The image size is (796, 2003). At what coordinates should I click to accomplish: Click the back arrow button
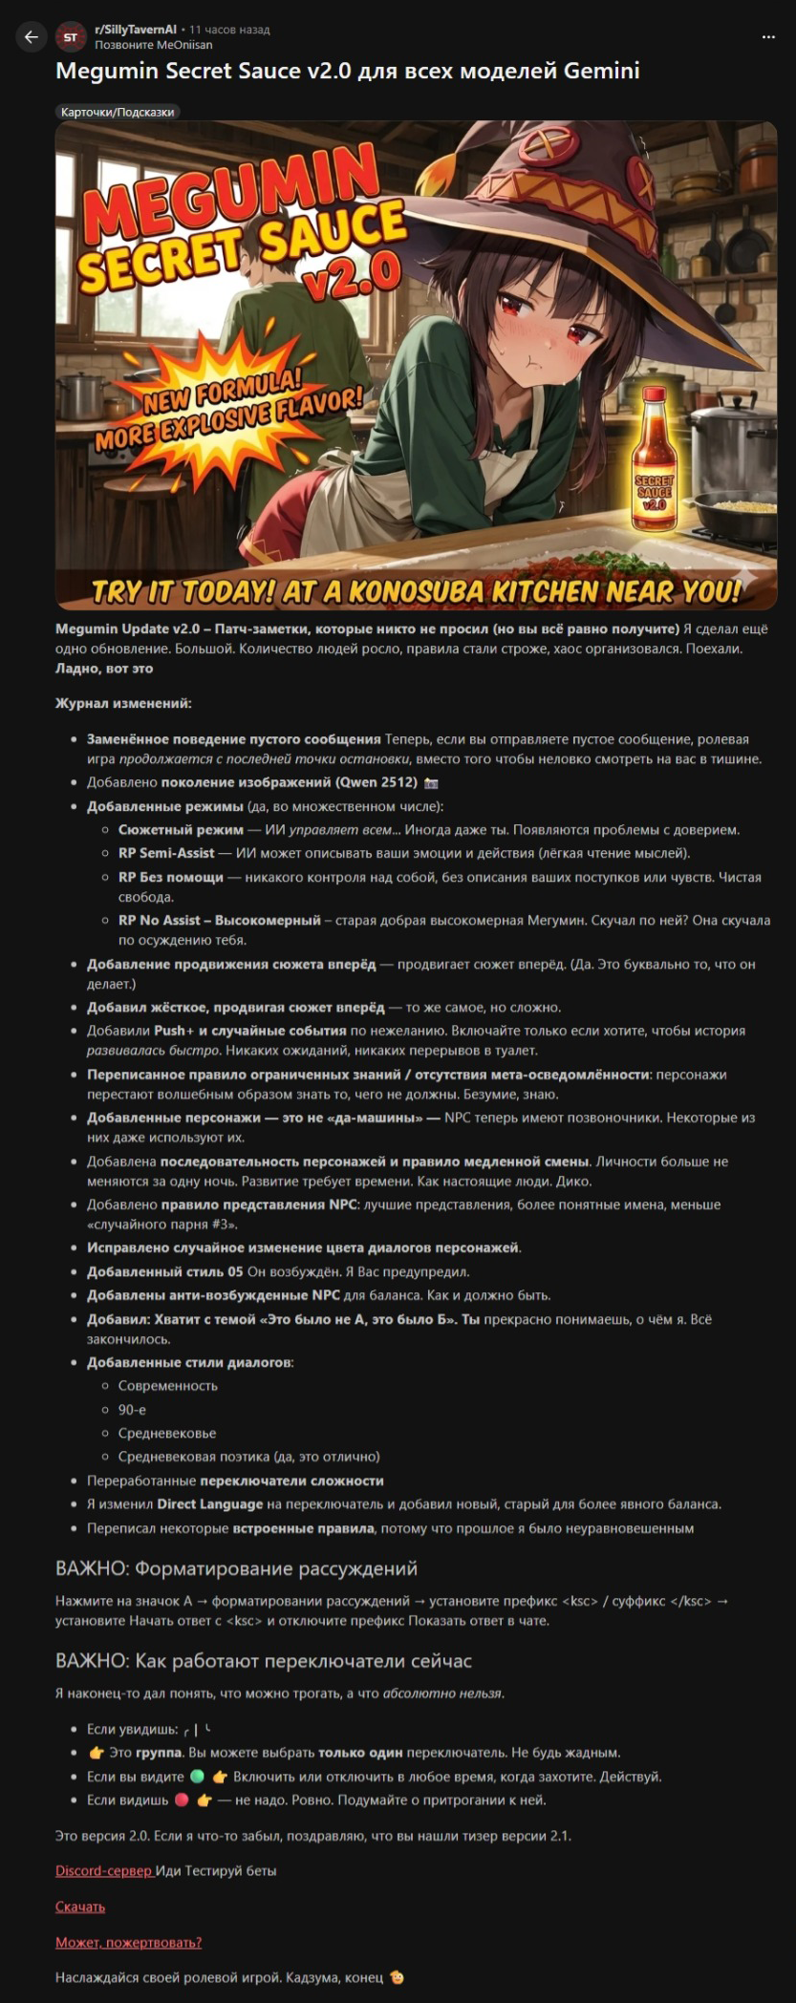pos(31,36)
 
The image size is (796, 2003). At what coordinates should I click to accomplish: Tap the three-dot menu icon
pos(768,37)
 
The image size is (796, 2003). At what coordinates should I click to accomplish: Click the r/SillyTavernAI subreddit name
pos(136,30)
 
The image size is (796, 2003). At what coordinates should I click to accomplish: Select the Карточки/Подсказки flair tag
pos(118,112)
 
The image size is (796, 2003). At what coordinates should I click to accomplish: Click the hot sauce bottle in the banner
pos(655,460)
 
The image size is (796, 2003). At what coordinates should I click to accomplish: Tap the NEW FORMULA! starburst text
pos(222,390)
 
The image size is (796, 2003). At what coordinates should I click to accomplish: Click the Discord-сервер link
pos(104,1870)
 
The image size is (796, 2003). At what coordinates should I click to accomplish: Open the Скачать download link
pos(80,1907)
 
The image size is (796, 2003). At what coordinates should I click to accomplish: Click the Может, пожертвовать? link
pos(128,1942)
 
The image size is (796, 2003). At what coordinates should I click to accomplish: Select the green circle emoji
pos(197,1777)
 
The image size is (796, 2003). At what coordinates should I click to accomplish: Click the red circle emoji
pos(182,1800)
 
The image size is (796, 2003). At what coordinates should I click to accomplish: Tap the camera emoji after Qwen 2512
pos(431,782)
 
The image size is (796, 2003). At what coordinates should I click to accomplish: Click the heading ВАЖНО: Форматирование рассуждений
pos(236,1568)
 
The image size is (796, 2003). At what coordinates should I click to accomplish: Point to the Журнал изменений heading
pos(123,703)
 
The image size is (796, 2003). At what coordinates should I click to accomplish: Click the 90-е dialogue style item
pos(132,1409)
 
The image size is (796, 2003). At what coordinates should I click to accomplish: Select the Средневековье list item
pos(167,1433)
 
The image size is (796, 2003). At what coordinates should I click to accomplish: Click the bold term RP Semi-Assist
pos(166,853)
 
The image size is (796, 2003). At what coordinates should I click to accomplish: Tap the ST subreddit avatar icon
pos(70,37)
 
